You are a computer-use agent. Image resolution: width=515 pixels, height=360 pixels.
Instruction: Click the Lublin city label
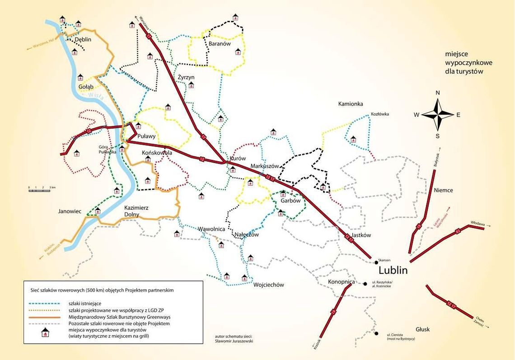coord(393,271)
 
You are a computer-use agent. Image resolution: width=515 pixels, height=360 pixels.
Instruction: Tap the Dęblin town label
coord(83,39)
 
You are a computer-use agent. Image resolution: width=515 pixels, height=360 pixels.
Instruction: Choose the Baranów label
coord(220,44)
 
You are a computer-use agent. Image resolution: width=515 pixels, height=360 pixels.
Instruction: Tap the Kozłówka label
coord(379,114)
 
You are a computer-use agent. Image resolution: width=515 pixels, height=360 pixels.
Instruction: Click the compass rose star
coord(437,115)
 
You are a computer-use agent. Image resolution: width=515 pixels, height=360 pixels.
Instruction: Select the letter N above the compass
coord(437,93)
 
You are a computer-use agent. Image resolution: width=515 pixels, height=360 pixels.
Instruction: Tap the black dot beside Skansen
coord(376,262)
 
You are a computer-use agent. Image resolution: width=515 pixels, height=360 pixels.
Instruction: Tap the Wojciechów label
coord(268,285)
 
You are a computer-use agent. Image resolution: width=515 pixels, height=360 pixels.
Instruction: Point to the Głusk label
coord(422,329)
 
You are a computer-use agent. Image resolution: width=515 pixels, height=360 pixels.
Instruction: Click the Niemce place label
coord(443,190)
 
